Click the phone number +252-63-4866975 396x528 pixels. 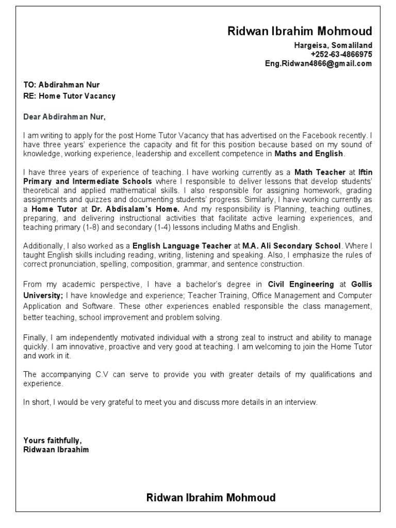(341, 54)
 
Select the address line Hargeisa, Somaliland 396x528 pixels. (333, 45)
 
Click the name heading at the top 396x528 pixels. (300, 31)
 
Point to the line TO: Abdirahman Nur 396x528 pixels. (62, 85)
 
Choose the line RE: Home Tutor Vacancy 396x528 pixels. (70, 96)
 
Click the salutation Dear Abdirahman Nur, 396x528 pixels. (64, 117)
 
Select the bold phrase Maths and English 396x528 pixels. (308, 153)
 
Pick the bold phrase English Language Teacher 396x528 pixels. (181, 246)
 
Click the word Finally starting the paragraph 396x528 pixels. (35, 337)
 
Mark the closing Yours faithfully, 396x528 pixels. (53, 440)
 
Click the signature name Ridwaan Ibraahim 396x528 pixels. (56, 450)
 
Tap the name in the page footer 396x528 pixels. (211, 498)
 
